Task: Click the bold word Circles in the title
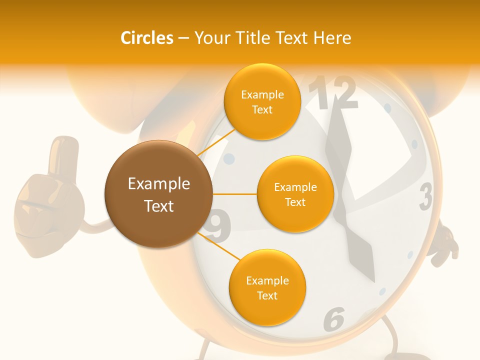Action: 146,38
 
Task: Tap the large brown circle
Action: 158,194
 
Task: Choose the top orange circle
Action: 262,101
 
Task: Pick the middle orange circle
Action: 295,194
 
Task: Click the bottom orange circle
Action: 267,287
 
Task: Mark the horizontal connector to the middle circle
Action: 234,194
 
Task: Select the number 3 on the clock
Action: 425,196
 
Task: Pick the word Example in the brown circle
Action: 158,184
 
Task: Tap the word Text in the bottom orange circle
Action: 267,295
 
